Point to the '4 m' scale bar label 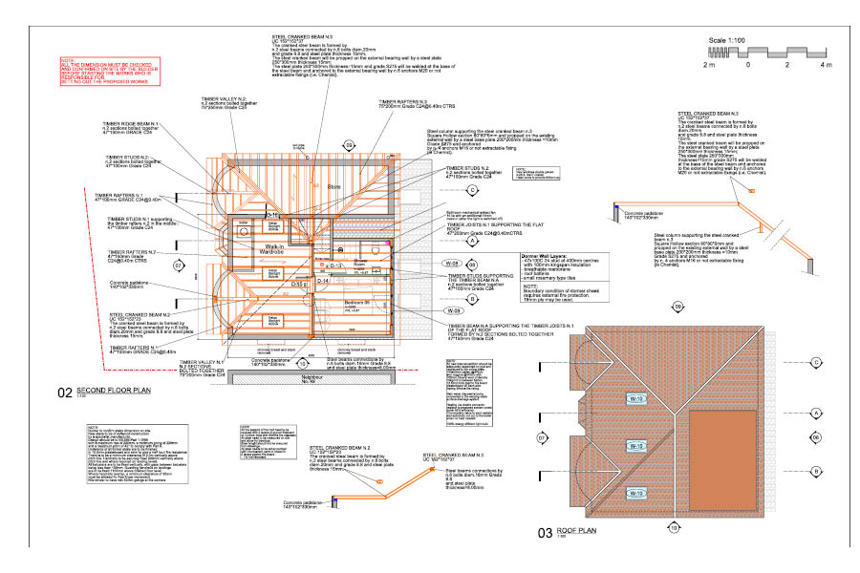pyautogui.click(x=827, y=65)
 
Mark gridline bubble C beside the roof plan pyautogui.click(x=817, y=363)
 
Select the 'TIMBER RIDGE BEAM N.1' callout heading pyautogui.click(x=153, y=125)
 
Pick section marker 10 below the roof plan pyautogui.click(x=674, y=528)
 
